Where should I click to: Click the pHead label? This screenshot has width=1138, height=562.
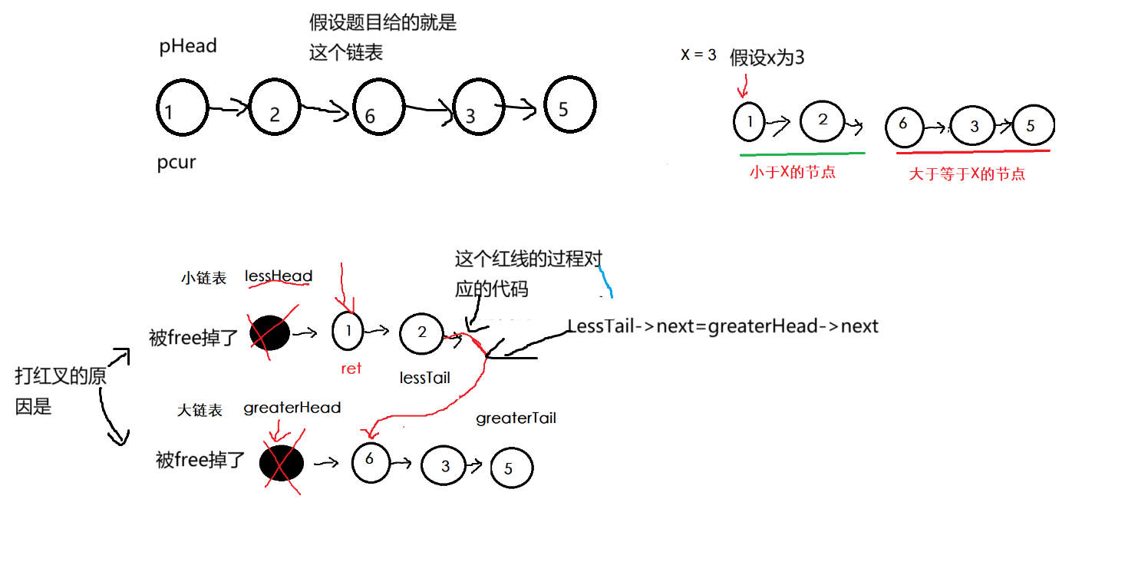tap(188, 46)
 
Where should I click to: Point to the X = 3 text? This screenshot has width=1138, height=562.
tap(698, 55)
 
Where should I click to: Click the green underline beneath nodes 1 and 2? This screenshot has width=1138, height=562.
tap(802, 154)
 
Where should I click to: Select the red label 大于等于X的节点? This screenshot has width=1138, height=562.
tap(967, 174)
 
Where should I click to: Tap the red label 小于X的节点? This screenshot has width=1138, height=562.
tap(793, 173)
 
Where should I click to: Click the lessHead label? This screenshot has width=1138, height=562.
tap(279, 276)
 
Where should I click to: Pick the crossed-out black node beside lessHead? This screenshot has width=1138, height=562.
tap(269, 333)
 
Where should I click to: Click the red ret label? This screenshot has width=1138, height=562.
tap(351, 369)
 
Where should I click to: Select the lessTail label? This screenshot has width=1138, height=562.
tap(424, 378)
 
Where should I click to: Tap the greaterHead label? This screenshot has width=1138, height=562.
tap(292, 408)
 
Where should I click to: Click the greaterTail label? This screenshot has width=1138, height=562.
tap(516, 418)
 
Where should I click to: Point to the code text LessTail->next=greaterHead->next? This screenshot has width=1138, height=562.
tap(723, 326)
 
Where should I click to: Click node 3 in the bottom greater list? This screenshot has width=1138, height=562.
tap(445, 465)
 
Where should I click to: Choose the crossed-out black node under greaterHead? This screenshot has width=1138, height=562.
tap(282, 464)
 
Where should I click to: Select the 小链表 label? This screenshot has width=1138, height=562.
tap(203, 279)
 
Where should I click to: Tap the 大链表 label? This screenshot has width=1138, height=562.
tap(200, 411)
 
